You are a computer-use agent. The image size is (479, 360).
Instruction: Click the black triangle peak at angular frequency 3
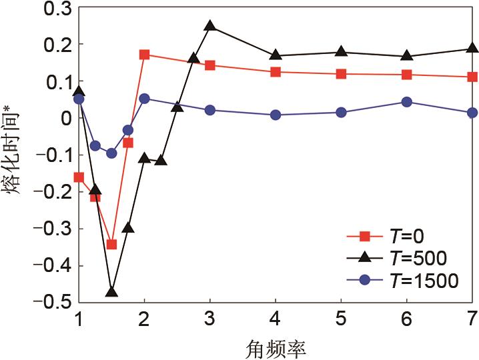[210, 26]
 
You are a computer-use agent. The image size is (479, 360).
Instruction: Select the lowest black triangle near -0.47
[111, 291]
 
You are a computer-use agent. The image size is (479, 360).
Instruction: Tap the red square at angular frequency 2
[144, 54]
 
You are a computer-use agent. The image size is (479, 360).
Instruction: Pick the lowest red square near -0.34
[111, 244]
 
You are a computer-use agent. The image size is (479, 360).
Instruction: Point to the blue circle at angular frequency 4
[276, 115]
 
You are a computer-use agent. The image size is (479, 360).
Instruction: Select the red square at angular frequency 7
[472, 77]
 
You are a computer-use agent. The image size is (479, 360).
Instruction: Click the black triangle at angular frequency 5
[341, 52]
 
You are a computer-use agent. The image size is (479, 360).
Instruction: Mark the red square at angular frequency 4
[276, 71]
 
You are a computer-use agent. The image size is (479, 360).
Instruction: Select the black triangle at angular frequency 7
[472, 48]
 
